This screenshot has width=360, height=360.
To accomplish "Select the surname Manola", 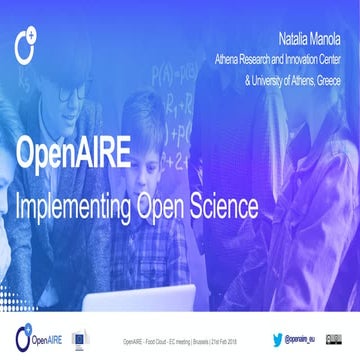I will tap(324, 42).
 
